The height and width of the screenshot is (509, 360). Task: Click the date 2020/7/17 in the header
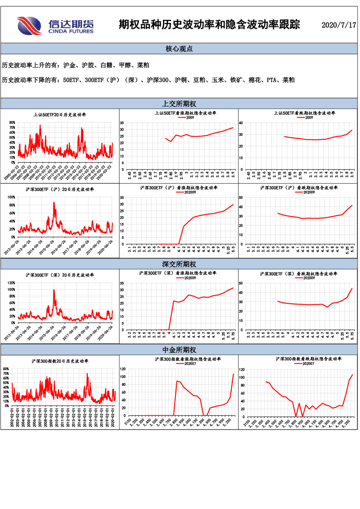click(339, 25)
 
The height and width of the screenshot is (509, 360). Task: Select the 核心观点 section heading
click(179, 49)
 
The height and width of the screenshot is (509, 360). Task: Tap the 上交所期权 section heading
click(179, 104)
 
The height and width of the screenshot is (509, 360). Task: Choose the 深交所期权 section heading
click(179, 264)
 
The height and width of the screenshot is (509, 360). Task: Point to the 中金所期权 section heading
click(179, 350)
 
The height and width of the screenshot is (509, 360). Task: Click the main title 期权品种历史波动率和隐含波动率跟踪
click(210, 25)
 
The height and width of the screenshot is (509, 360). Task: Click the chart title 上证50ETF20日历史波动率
click(60, 115)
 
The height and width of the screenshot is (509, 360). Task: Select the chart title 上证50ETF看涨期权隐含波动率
click(185, 113)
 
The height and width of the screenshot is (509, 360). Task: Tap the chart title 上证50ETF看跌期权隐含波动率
click(304, 113)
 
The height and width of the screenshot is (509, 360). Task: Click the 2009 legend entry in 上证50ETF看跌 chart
click(309, 118)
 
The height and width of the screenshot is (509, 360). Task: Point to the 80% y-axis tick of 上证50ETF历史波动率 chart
click(12, 122)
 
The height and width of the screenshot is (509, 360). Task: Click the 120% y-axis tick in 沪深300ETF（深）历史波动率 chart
click(11, 283)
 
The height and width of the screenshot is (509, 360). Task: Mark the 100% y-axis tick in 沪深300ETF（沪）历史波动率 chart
click(11, 197)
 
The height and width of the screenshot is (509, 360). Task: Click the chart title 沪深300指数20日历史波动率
click(60, 361)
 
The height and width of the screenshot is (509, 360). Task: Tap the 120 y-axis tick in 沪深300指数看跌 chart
click(242, 370)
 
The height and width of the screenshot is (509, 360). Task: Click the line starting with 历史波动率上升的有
click(76, 65)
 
